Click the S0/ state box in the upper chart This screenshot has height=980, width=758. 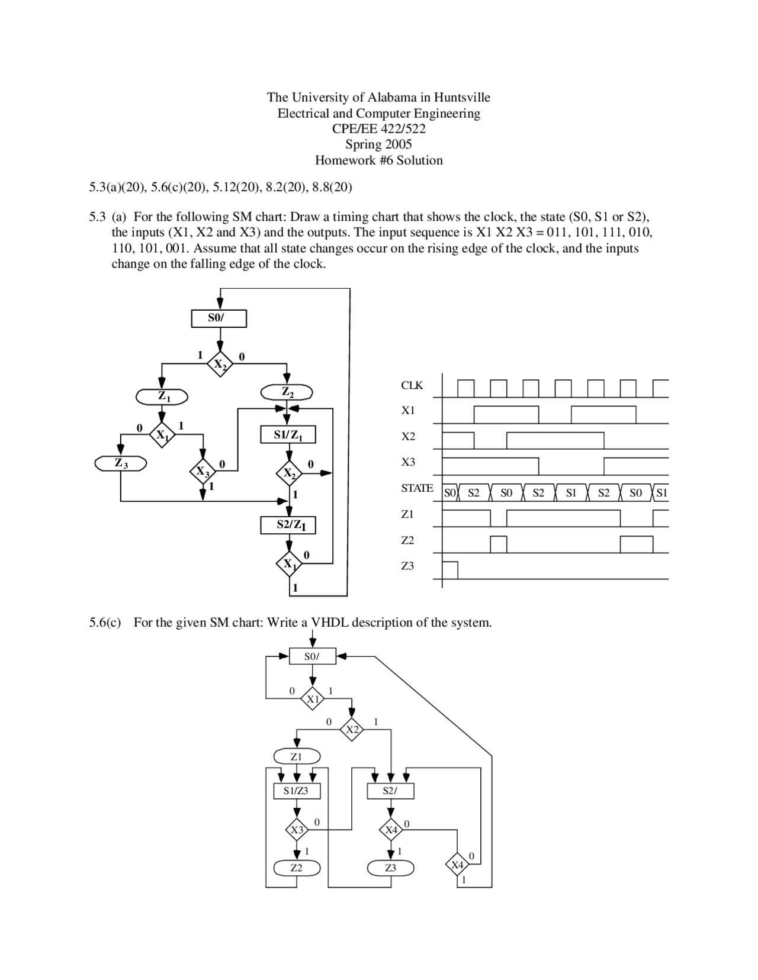(x=219, y=318)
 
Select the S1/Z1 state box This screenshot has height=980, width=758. (x=288, y=435)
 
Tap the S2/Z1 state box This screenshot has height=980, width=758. (x=288, y=525)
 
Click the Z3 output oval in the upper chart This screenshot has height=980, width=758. (x=121, y=463)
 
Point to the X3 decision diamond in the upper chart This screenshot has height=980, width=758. (x=203, y=472)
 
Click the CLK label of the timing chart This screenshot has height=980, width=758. (x=412, y=385)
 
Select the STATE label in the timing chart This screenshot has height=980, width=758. (x=417, y=488)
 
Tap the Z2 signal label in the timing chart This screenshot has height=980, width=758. (x=407, y=540)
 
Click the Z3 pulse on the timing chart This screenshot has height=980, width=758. (x=450, y=570)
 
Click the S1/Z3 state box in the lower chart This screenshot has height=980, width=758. (x=296, y=791)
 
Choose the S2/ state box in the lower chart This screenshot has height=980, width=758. (x=390, y=791)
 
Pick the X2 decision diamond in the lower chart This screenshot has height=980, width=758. (x=352, y=730)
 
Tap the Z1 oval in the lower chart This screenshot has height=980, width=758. (x=297, y=756)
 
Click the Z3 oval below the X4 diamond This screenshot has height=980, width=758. (x=390, y=868)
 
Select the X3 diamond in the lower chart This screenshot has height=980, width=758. (x=297, y=830)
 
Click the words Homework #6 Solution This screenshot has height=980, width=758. (x=378, y=160)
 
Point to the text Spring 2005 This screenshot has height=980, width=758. (x=378, y=144)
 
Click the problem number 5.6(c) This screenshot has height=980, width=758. (x=105, y=623)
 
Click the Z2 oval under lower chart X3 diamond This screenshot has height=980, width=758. (x=297, y=868)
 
